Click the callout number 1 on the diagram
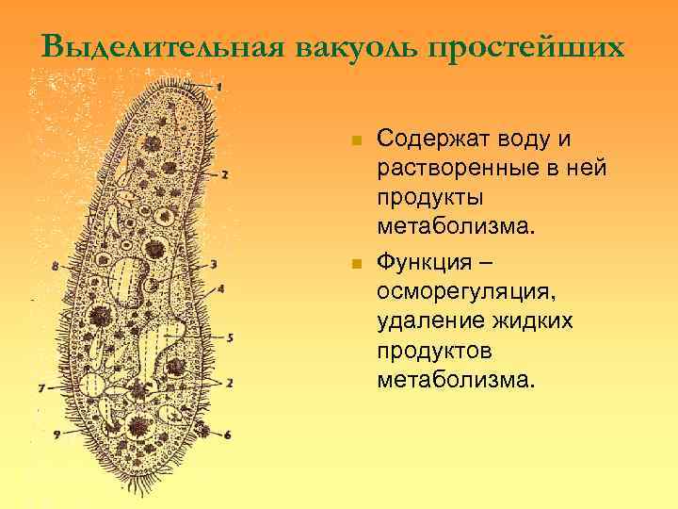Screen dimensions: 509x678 [218, 87]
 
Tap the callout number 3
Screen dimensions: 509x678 [214, 264]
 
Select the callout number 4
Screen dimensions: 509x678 [220, 288]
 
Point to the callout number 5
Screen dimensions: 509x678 [230, 337]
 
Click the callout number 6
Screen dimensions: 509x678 [228, 435]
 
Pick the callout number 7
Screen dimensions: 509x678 [40, 387]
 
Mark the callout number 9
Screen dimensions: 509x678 [57, 434]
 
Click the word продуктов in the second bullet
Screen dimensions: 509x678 [432, 351]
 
